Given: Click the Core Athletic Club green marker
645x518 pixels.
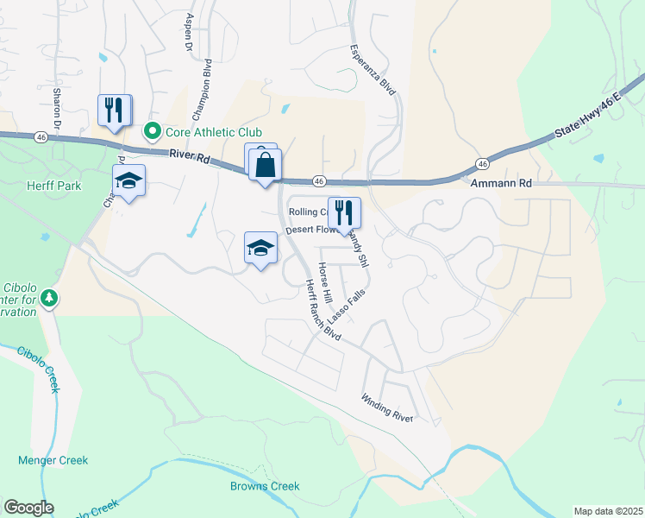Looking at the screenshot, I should (x=152, y=131).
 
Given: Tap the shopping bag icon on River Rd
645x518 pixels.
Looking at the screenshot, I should (x=266, y=164).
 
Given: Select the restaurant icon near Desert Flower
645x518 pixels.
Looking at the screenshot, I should (x=344, y=212).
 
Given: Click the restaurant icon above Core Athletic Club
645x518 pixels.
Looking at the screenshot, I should (x=114, y=110).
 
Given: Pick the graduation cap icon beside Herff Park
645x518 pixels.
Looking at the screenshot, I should (x=128, y=180).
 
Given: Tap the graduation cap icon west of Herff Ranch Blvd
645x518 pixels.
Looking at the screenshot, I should (x=260, y=248).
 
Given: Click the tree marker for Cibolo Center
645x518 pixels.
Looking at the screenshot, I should (x=50, y=298).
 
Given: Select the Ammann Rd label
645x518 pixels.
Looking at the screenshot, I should (x=501, y=183).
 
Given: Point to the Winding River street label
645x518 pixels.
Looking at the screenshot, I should (x=387, y=408).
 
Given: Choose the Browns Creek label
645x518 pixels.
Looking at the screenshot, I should (x=265, y=486).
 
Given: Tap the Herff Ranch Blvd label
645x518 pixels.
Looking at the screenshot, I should (x=319, y=310).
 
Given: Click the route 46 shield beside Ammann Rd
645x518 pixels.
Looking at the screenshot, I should (x=482, y=164).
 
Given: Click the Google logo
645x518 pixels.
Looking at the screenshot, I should (x=28, y=508).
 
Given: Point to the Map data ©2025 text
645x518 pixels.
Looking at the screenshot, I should (x=607, y=511).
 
